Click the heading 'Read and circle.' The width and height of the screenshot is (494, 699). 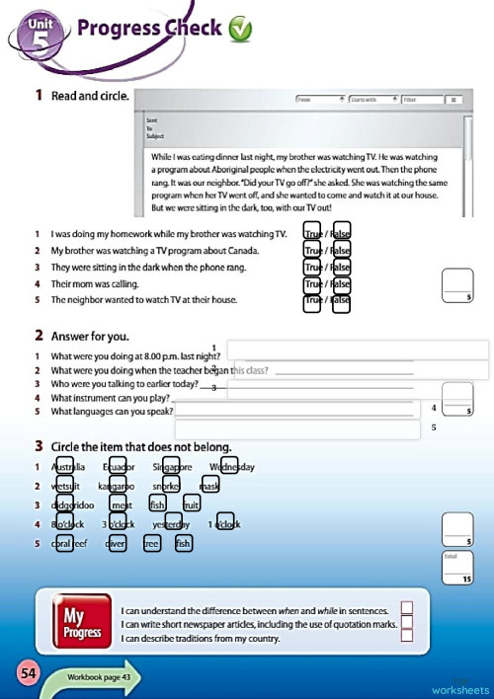90,96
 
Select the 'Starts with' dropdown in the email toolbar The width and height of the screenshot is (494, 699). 371,100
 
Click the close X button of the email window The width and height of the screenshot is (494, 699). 451,100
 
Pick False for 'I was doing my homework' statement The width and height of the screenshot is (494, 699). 342,234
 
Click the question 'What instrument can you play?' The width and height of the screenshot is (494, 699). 111,397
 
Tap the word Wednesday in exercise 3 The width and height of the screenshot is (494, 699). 232,467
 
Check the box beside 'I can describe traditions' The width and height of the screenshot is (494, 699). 406,638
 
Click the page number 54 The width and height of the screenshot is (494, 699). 28,673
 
